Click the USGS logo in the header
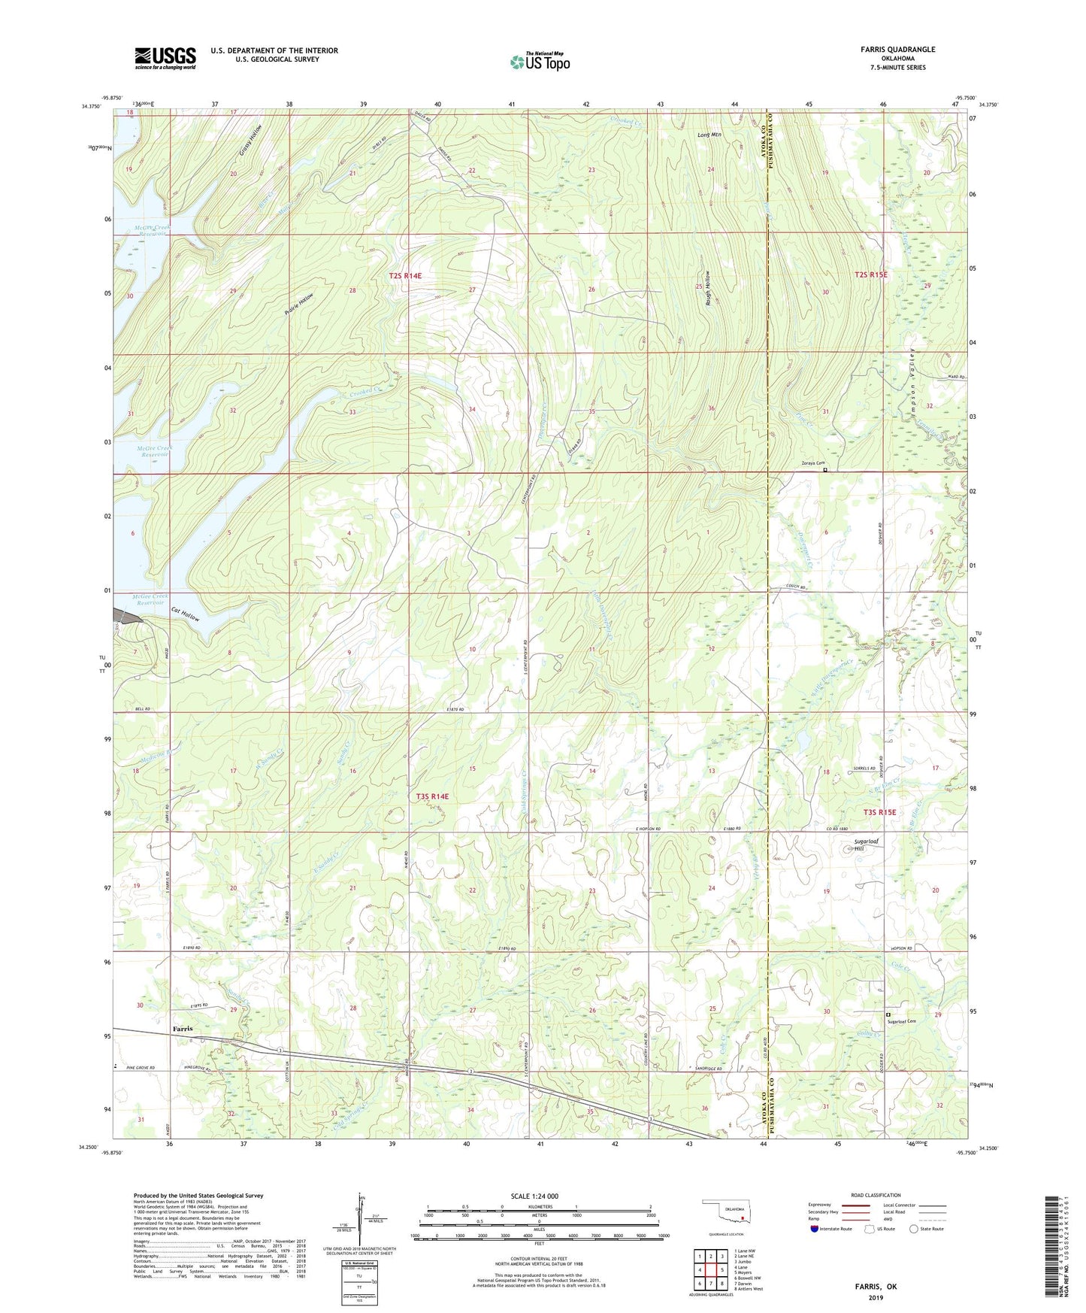click(x=165, y=58)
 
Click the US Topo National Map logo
click(x=539, y=61)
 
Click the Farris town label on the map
click(x=182, y=1028)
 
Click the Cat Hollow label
click(x=185, y=614)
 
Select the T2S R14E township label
click(x=405, y=276)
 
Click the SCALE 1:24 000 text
click(x=534, y=1196)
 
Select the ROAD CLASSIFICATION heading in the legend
click(x=876, y=1195)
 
